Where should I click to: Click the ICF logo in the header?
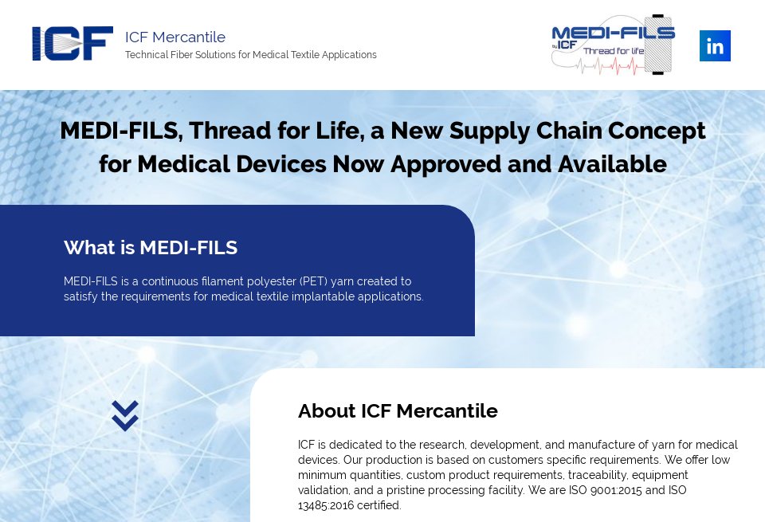[x=73, y=44]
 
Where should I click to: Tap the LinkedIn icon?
[x=715, y=46]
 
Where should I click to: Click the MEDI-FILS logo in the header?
[x=613, y=45]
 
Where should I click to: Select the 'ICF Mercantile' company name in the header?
[x=175, y=37]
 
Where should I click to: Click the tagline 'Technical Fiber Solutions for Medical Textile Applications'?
[x=251, y=55]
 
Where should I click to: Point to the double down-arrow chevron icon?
[x=125, y=415]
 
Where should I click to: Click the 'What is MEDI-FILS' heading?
[x=151, y=248]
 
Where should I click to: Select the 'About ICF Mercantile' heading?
[x=398, y=411]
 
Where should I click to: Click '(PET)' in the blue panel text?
[x=312, y=281]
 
